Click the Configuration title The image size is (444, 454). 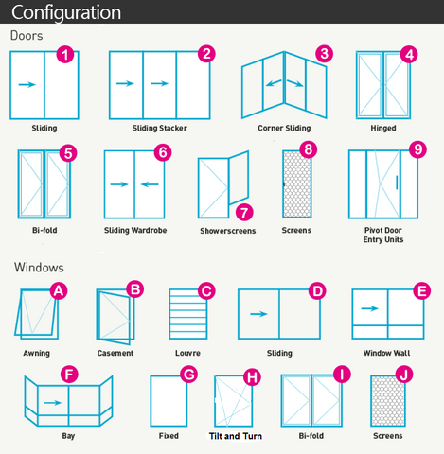click(65, 13)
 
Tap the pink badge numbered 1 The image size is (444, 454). click(65, 54)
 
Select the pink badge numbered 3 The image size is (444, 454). click(324, 54)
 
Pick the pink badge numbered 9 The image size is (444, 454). click(417, 149)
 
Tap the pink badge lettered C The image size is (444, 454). click(204, 289)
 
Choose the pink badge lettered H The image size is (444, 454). click(251, 376)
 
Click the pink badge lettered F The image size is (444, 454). click(68, 375)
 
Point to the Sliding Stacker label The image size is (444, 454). click(158, 128)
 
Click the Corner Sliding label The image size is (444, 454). click(284, 128)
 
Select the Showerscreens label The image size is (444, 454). click(227, 231)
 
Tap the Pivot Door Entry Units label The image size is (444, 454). click(383, 235)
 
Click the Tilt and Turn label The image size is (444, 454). click(236, 437)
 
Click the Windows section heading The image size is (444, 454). click(39, 269)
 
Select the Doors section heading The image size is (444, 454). click(27, 36)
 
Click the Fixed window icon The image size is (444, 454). click(167, 401)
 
